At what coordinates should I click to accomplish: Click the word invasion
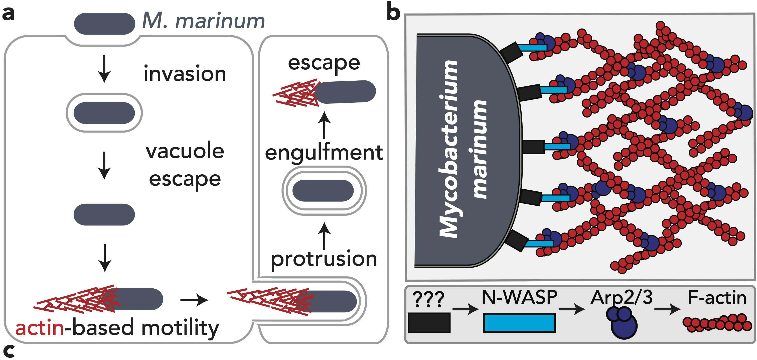click(x=185, y=73)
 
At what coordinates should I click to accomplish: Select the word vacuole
click(x=185, y=151)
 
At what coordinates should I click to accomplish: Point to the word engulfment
click(x=324, y=153)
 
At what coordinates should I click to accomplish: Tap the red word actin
click(x=40, y=328)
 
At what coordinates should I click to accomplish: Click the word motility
click(x=180, y=328)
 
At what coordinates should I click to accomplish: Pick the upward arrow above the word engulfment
click(x=324, y=125)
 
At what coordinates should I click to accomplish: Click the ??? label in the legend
click(x=428, y=299)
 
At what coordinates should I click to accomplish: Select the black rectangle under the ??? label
click(x=429, y=323)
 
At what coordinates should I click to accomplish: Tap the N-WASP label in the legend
click(x=519, y=297)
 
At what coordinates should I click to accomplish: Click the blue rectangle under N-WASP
click(x=519, y=323)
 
